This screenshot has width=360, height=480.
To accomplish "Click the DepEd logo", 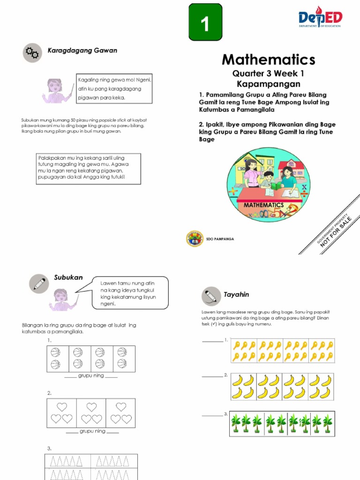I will [321, 18].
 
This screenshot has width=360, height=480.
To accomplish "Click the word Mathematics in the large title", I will [268, 60].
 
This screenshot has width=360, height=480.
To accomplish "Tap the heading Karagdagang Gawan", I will [82, 50].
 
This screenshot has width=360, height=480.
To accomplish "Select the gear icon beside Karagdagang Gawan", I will [32, 52].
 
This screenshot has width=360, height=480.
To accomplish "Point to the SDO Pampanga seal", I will [195, 239].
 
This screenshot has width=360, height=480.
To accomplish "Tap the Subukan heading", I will [68, 277].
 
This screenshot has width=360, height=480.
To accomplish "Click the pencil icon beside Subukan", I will [38, 284].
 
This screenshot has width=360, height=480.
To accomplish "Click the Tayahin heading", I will [239, 294].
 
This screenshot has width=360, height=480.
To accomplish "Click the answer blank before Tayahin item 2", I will [212, 376].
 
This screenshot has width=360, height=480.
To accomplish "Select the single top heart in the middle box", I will [91, 406].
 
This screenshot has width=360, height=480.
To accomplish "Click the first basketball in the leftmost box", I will [55, 352].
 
